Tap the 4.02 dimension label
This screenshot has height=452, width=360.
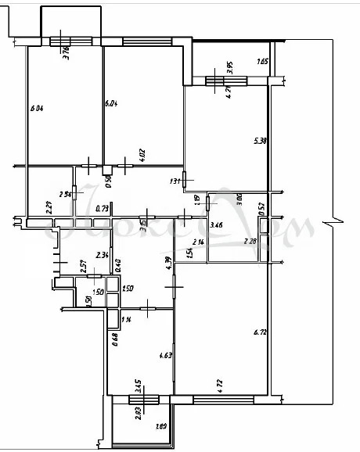[142, 155]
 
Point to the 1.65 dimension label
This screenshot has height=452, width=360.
[262, 61]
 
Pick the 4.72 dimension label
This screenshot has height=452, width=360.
[221, 383]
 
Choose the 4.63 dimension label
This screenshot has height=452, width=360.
[164, 356]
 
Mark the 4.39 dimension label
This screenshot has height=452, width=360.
[167, 264]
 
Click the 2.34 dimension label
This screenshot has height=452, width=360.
[101, 255]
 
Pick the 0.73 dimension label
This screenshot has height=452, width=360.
[102, 209]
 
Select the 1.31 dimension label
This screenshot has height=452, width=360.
[175, 181]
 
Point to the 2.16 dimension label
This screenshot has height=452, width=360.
[199, 242]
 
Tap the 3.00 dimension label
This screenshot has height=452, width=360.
[239, 199]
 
